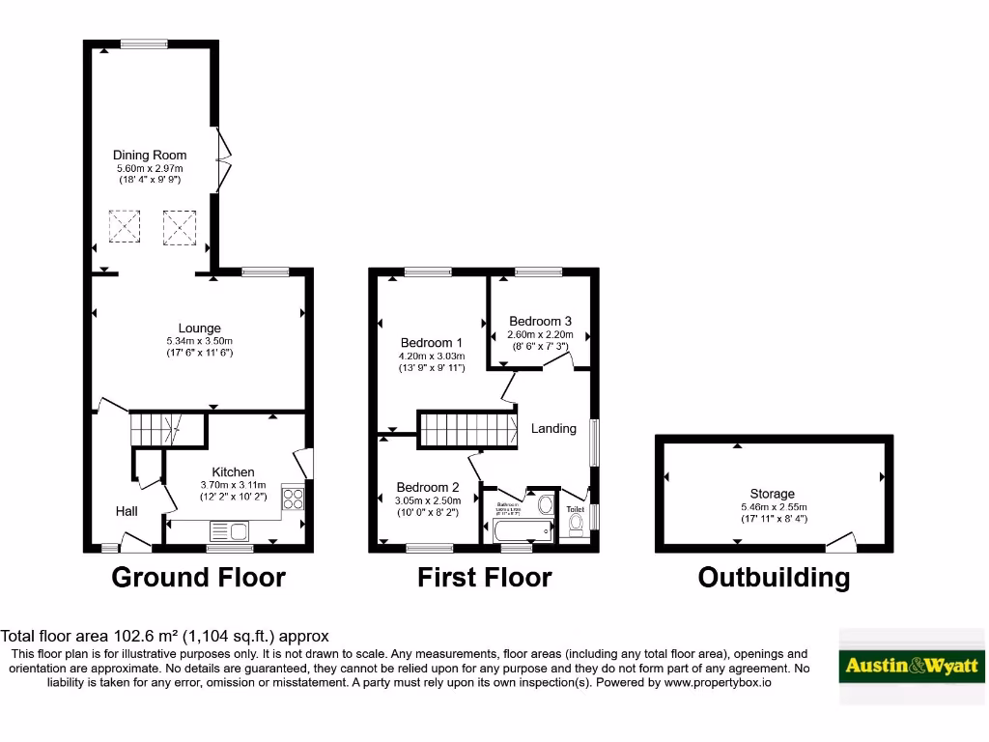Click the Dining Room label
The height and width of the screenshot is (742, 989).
coord(150,155)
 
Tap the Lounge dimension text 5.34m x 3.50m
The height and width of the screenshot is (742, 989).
coord(199,341)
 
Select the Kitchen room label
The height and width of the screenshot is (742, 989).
coord(233,472)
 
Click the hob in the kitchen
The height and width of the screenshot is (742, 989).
coord(292,499)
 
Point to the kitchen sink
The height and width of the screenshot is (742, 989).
coord(229,530)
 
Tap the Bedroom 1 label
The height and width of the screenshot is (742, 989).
coord(432,343)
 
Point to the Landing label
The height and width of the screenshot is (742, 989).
coord(553,428)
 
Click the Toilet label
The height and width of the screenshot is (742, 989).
coord(576,509)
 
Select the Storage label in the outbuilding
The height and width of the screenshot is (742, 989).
coord(773,494)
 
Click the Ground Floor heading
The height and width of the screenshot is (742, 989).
coord(199,578)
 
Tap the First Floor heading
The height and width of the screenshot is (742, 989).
coord(484,578)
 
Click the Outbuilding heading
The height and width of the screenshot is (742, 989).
coord(774,578)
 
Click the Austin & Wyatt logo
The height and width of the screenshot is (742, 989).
coord(912,666)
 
